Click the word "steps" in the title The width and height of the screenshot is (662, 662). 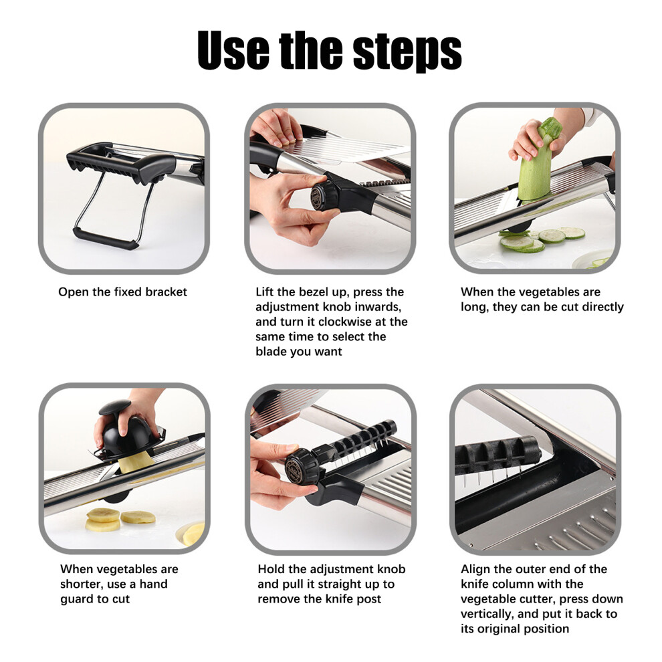point(407,50)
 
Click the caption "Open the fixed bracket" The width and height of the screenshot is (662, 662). point(122,292)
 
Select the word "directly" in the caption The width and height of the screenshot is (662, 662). point(602,307)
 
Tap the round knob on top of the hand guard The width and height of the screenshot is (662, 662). point(114,407)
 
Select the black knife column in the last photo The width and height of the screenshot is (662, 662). point(498,455)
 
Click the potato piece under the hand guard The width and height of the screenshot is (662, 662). point(136,463)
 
